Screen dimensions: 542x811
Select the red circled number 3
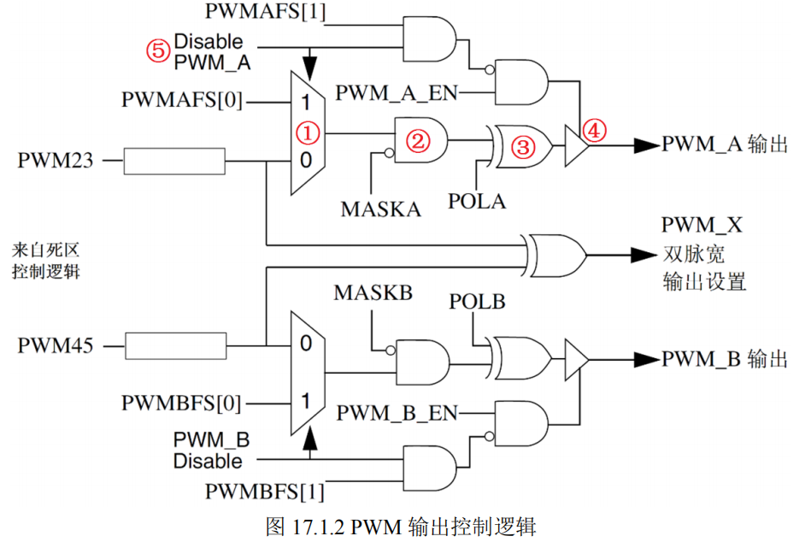[x=522, y=147]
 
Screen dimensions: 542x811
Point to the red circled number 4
[x=595, y=130]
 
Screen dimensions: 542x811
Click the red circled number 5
[x=157, y=50]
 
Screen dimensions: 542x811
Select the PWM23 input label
[x=48, y=160]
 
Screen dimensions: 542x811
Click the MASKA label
[x=381, y=209]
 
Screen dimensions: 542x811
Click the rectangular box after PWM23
[x=175, y=161]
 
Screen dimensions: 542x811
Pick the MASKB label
[x=373, y=293]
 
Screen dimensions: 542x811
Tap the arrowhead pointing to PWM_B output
[x=646, y=359]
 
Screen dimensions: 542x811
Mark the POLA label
[x=477, y=201]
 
